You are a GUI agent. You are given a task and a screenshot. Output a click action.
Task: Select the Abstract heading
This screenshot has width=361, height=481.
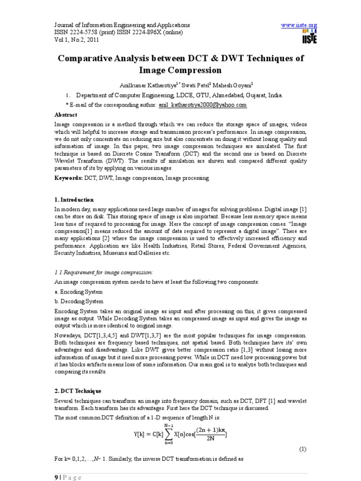pyautogui.click(x=66, y=115)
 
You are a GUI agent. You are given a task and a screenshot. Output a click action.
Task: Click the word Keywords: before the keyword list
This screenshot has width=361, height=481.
pyautogui.click(x=69, y=178)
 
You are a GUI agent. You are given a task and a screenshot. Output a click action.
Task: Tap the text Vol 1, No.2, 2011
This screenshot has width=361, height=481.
pyautogui.click(x=77, y=40)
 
